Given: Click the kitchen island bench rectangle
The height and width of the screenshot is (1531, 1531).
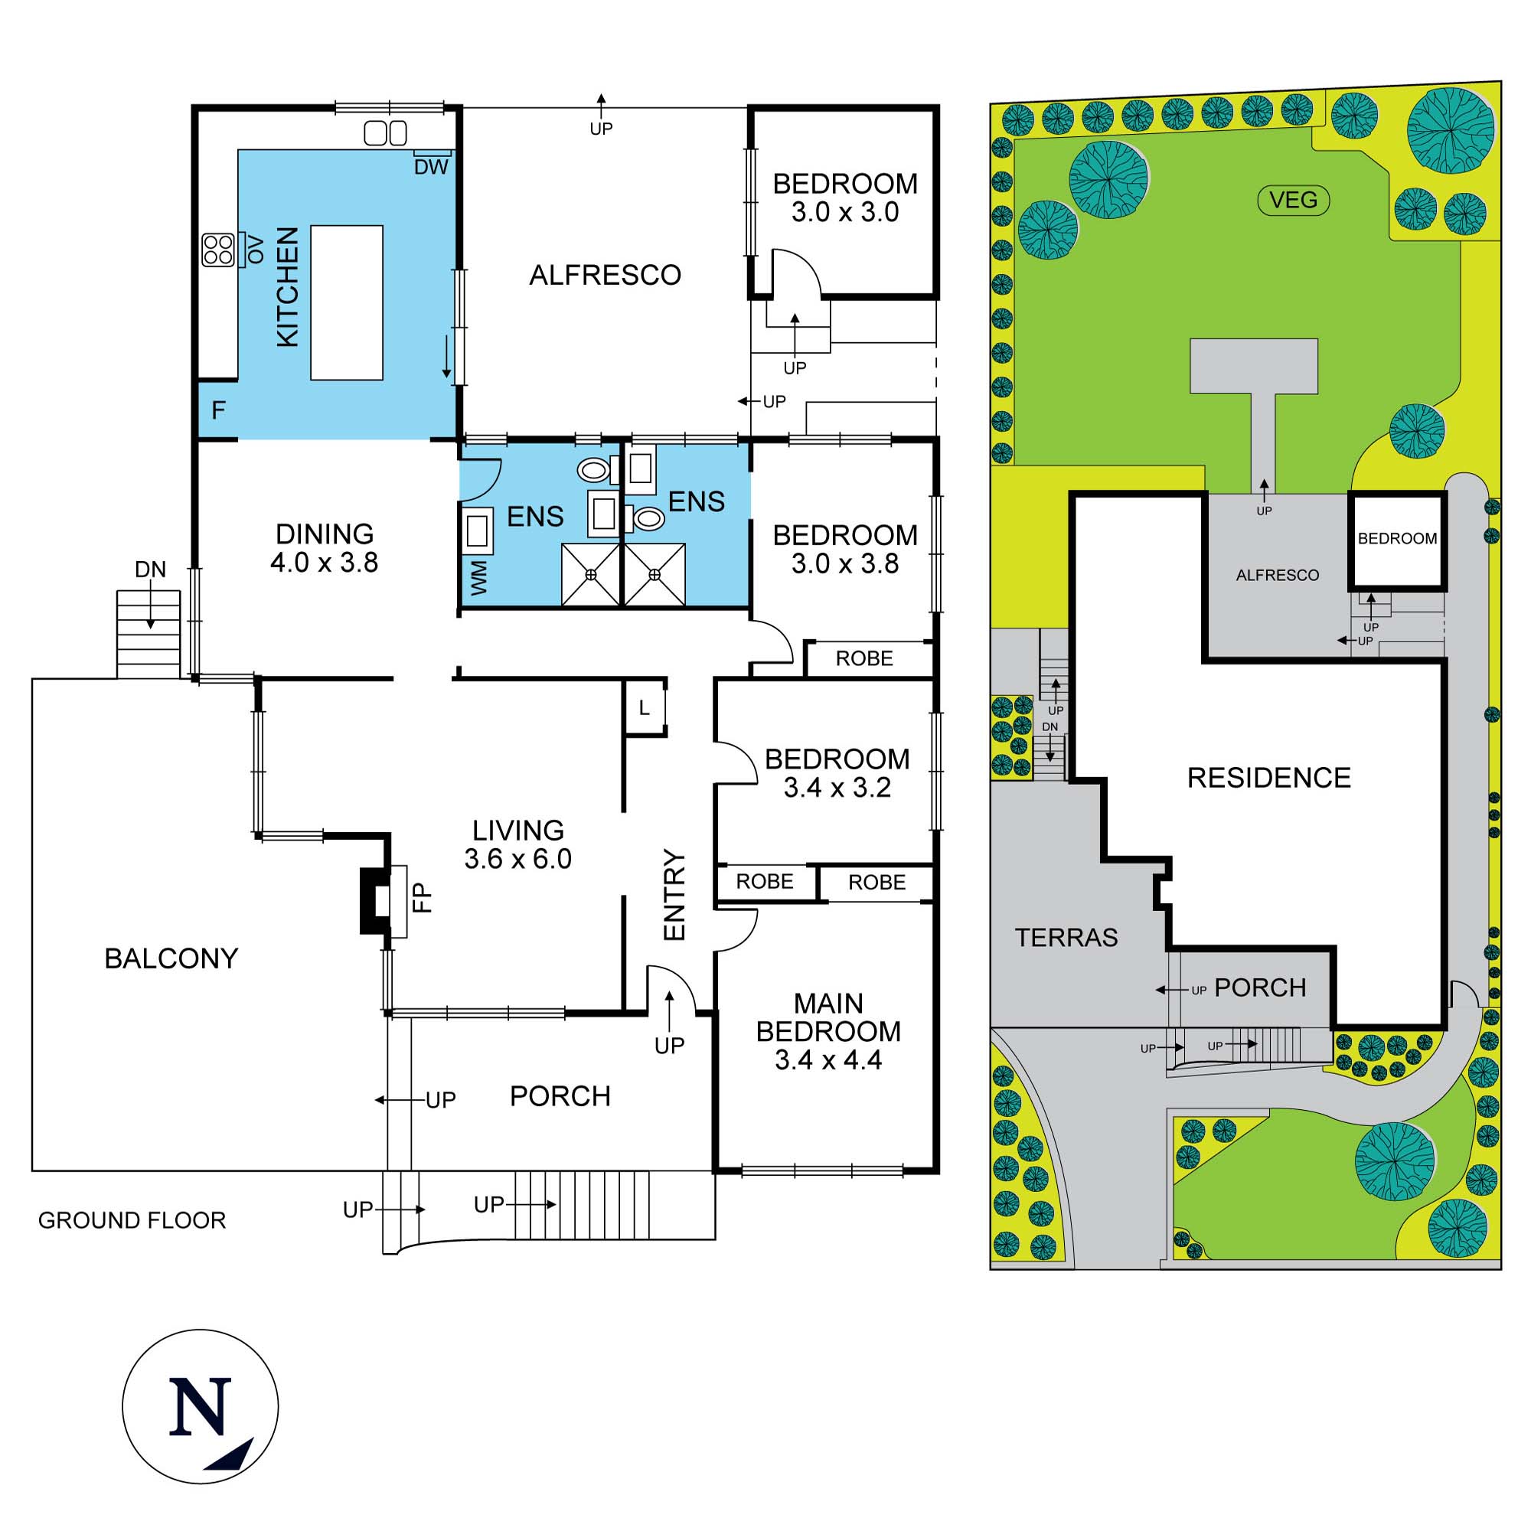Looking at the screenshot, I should click(346, 302).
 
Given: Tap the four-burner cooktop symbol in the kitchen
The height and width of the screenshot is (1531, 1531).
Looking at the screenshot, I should click(218, 249).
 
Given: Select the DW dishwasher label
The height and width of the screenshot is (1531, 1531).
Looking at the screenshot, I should click(431, 167).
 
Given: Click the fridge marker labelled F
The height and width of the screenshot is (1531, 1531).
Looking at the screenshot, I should click(219, 410).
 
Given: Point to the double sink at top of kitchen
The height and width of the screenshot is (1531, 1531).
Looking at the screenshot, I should click(385, 133).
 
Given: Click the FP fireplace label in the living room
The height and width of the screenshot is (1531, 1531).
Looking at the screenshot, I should click(423, 898).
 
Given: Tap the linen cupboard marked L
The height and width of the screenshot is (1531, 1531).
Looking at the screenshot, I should click(645, 707).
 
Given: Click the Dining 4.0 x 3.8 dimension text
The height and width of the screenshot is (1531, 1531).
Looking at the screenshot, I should click(324, 563).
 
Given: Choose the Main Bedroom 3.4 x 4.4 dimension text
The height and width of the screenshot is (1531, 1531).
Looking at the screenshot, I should click(828, 1059).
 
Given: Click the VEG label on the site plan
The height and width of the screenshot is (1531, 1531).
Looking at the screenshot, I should click(1293, 200).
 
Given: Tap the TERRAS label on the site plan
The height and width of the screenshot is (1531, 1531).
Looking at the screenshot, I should click(1066, 938).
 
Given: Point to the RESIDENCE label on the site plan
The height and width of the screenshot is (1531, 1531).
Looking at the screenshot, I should click(1268, 778).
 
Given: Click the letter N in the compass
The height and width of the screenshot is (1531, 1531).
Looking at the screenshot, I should click(201, 1406).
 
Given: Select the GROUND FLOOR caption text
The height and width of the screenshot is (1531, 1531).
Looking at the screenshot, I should click(132, 1219).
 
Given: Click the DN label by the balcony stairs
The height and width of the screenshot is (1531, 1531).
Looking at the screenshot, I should click(150, 569).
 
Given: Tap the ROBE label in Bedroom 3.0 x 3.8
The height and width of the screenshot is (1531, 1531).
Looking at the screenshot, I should click(863, 658).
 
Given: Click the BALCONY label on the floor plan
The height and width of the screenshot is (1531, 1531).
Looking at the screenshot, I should click(171, 959).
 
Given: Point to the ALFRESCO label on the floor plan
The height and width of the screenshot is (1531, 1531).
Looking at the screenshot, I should click(605, 275).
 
